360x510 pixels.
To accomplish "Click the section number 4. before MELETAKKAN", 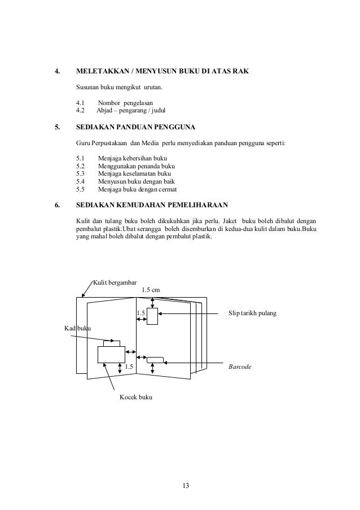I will click(x=56, y=72).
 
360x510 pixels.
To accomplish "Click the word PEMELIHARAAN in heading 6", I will click(x=192, y=205).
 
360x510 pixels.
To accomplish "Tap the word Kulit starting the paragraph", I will click(x=84, y=220).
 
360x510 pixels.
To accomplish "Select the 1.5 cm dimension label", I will click(x=151, y=290).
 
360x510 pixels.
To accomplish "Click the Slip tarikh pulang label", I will click(x=252, y=312).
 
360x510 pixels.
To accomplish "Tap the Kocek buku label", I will click(x=135, y=398).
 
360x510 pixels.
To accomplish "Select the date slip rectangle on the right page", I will click(x=152, y=317).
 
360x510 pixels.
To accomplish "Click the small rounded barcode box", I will click(x=155, y=359).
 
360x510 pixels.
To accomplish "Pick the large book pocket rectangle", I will click(x=111, y=354).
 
